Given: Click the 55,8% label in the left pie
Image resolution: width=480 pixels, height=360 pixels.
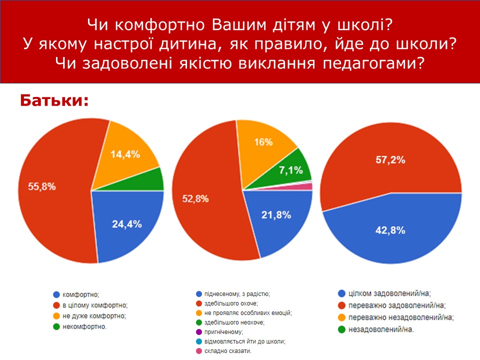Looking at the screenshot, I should tap(30, 187).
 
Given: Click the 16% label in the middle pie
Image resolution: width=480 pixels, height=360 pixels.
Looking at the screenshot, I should tap(263, 142).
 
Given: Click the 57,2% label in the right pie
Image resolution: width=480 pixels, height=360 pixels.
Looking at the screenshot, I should tap(390, 160).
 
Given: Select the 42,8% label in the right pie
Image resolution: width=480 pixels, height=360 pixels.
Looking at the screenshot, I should tap(390, 230).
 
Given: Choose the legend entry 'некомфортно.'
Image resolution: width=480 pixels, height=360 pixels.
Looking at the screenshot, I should tap(84, 326).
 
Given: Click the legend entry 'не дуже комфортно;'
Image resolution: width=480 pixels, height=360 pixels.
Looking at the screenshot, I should tap(93, 315).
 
